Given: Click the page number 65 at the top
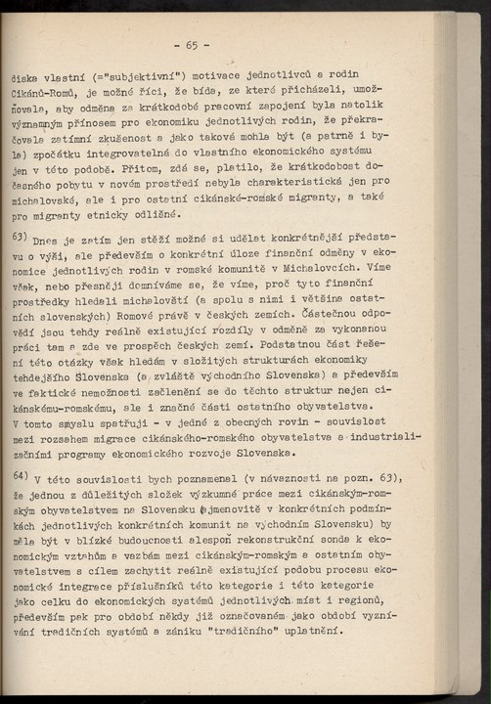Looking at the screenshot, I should pos(190,45).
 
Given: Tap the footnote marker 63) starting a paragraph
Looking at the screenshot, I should pos(19,236).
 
